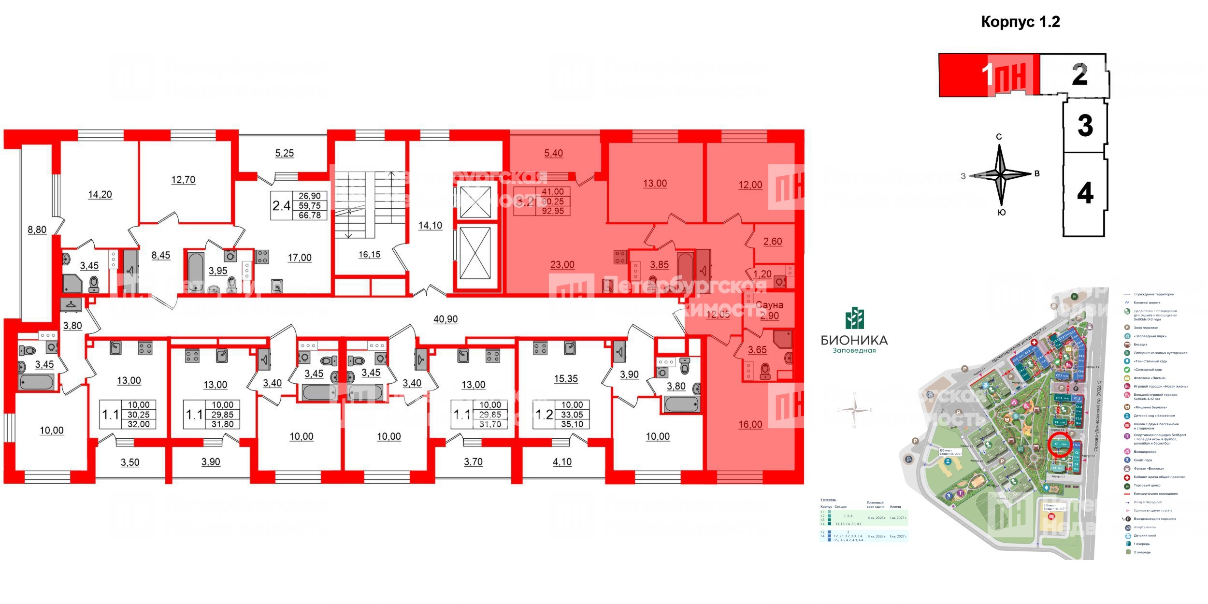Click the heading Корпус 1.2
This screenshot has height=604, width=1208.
[x=1020, y=22]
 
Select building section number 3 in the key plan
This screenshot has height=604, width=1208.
[x=1085, y=125]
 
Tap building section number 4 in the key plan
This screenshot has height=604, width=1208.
[x=1085, y=194]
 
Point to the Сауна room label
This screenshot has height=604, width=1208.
[x=769, y=305]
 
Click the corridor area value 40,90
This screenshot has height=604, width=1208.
[x=446, y=319]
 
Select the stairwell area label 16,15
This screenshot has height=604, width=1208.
[x=369, y=255]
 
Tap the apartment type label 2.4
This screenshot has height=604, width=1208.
[x=281, y=206]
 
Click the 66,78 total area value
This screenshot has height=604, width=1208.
[x=310, y=215]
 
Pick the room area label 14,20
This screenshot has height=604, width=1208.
[x=100, y=195]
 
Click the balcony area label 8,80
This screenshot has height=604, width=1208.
[x=37, y=230]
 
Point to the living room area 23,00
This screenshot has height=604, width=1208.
[x=562, y=265]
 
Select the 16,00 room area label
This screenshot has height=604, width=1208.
[x=750, y=424]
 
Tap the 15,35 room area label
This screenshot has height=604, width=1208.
[x=566, y=379]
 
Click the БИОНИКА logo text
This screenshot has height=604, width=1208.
[x=854, y=340]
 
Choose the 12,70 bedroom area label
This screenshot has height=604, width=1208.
[x=183, y=180]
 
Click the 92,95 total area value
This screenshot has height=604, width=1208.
[x=553, y=211]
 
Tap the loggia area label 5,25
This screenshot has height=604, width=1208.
[x=285, y=153]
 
